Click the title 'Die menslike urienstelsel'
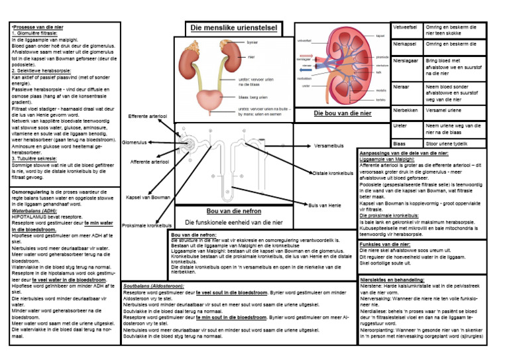[233, 28]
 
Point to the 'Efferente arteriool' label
[148, 116]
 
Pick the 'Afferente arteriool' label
[149, 161]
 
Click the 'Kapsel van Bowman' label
[148, 197]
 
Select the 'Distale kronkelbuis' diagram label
[333, 173]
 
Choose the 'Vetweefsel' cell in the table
[405, 27]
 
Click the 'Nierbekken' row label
[406, 109]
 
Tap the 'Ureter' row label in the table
[400, 125]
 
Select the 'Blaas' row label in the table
[399, 143]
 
